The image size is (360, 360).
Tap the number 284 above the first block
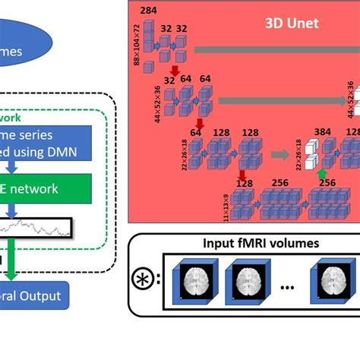pyautogui.click(x=148, y=11)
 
